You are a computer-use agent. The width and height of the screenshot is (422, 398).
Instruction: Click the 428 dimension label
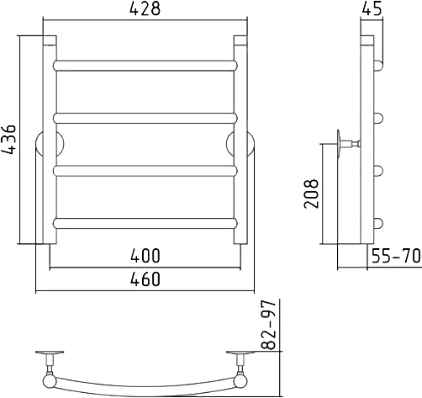click(x=145, y=9)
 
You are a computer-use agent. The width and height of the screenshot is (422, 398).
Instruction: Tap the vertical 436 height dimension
click(x=9, y=140)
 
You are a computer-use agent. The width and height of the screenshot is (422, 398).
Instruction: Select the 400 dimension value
click(x=145, y=256)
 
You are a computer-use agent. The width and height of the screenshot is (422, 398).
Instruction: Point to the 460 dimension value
click(x=145, y=279)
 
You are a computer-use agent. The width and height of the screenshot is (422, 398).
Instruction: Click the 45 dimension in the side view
click(x=372, y=9)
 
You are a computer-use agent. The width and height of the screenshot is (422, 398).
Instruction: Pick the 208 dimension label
click(x=311, y=194)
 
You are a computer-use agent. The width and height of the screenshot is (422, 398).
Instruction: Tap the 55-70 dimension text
click(x=396, y=256)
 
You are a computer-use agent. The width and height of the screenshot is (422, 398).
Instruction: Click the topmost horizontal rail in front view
click(x=145, y=66)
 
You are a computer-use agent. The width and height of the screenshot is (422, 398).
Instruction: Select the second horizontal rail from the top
click(x=145, y=118)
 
